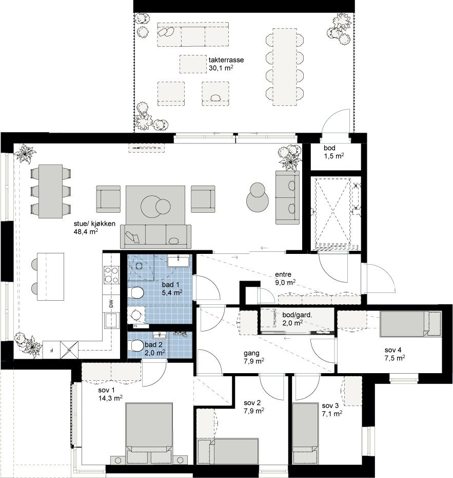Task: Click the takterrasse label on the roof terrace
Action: coord(226,60)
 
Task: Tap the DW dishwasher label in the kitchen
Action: coord(110,304)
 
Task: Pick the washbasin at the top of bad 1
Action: coord(180,260)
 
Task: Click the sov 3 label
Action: coord(330,405)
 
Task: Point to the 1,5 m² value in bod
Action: coord(333,156)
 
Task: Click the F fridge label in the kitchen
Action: coord(51,351)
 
